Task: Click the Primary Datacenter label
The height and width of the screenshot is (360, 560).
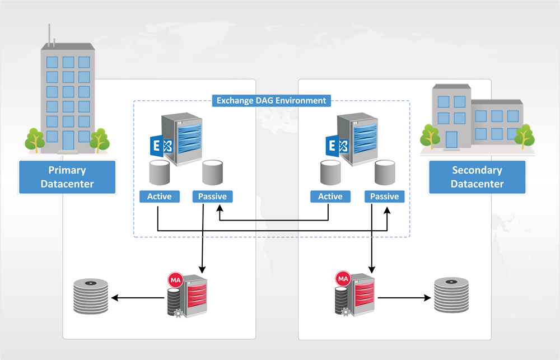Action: [67, 177]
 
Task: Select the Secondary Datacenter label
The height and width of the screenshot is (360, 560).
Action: [477, 177]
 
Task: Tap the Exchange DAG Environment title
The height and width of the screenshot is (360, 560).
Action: [271, 101]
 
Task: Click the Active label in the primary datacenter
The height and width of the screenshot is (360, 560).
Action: [159, 197]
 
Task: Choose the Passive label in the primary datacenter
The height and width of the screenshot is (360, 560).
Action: [212, 197]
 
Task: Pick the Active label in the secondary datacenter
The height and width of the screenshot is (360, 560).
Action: [330, 197]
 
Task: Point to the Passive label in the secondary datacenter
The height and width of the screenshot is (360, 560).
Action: [384, 197]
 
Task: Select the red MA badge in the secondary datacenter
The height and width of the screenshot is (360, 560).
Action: [343, 278]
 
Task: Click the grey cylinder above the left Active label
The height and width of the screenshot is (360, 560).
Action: [159, 172]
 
